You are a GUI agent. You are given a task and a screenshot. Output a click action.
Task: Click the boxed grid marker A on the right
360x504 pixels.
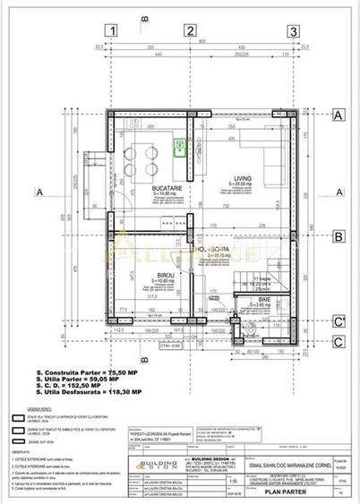(x=339, y=115)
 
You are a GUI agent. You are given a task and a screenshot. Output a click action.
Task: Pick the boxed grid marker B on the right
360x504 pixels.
(x=339, y=237)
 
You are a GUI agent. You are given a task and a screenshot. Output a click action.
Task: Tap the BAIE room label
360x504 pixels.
(x=255, y=300)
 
